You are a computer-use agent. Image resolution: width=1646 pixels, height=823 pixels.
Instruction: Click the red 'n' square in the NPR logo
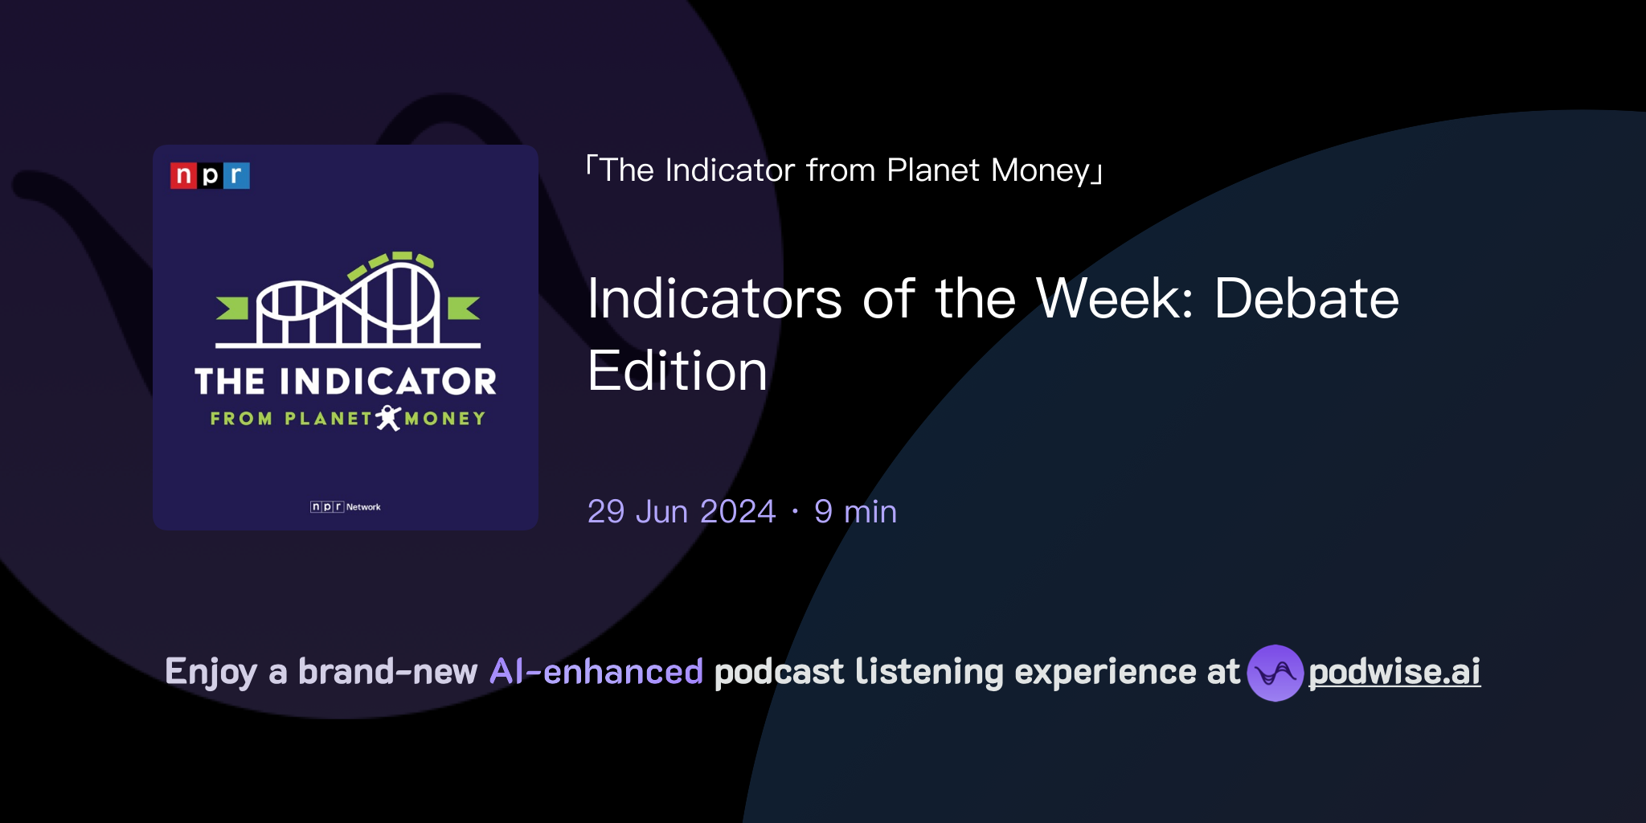[x=183, y=175]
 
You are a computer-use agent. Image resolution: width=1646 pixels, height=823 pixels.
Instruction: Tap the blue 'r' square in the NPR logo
[x=236, y=175]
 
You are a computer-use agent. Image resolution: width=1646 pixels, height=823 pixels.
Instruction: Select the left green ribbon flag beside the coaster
[x=233, y=308]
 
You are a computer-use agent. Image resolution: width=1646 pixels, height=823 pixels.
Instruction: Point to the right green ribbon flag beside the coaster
[x=463, y=308]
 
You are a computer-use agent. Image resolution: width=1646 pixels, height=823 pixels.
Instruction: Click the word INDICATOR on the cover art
[x=388, y=382]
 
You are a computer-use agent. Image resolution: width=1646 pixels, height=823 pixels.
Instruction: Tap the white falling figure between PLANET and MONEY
[x=389, y=418]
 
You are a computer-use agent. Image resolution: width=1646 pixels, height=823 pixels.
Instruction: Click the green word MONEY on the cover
[x=445, y=419]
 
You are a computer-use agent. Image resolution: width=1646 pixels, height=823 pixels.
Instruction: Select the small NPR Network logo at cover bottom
[x=346, y=506]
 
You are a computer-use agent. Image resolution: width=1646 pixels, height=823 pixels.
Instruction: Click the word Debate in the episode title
[x=1307, y=299]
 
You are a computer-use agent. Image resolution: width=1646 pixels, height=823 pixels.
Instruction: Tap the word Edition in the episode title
[x=678, y=371]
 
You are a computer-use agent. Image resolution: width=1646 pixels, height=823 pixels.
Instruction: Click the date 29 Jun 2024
[x=682, y=512]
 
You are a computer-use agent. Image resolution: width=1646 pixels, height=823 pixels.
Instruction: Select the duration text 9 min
[x=855, y=512]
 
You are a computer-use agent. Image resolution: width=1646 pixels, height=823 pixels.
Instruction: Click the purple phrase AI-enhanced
[x=596, y=672]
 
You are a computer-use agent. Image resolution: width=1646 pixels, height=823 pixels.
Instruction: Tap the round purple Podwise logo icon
[x=1275, y=673]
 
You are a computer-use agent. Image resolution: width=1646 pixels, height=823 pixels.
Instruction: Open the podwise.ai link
[x=1394, y=672]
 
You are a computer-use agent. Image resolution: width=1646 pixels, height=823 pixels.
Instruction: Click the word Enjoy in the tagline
[x=211, y=672]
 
